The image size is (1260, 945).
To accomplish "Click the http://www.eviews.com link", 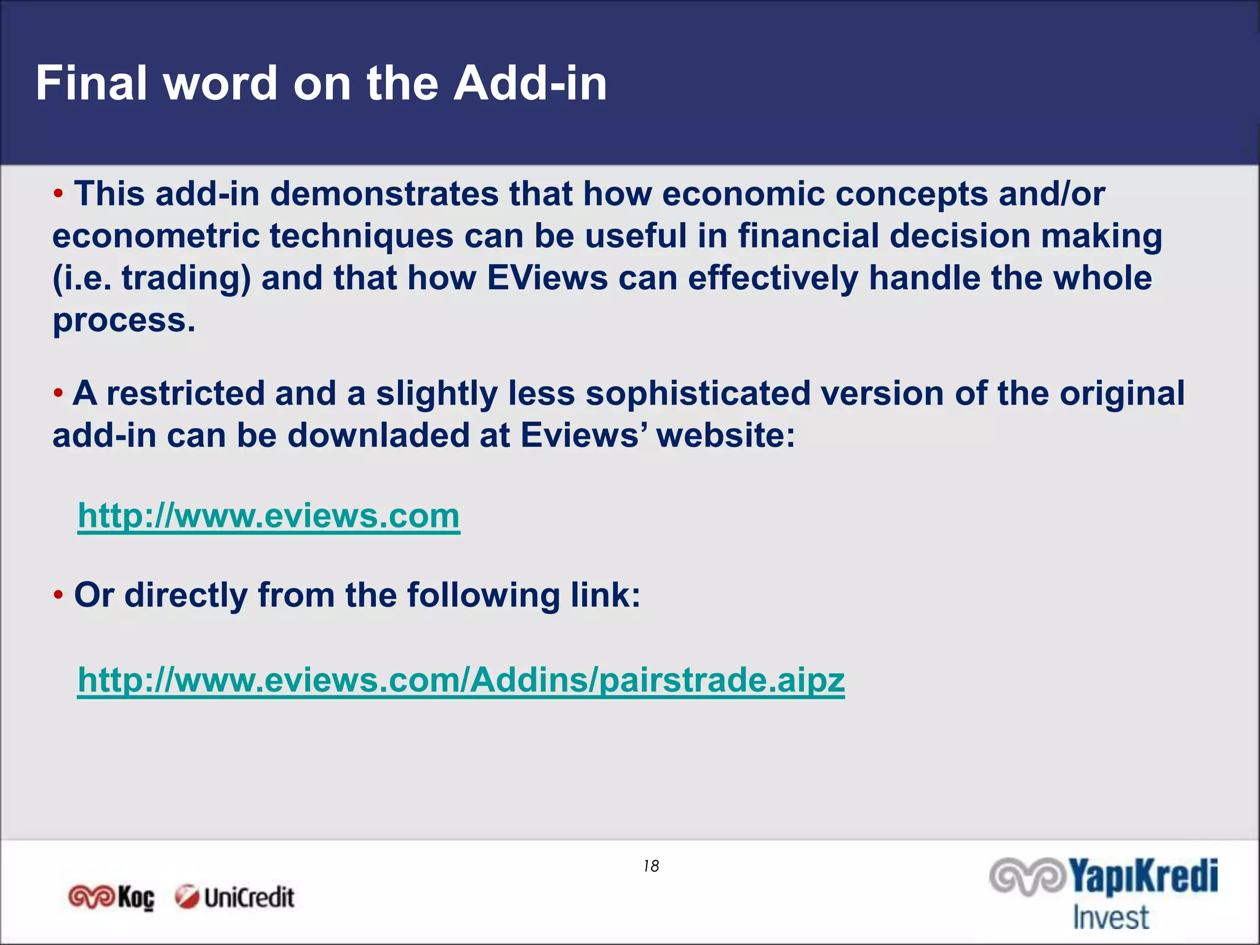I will pos(268,516).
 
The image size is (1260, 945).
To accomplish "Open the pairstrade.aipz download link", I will pos(461,680).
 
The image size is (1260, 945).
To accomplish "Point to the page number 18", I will pos(651,866).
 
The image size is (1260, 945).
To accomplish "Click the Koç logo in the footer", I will pos(111,898).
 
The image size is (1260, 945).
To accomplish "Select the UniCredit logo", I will pos(234,898).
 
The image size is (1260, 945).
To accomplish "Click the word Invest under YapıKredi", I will pos(1110,918).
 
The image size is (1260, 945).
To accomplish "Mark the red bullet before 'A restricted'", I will pos(58,393).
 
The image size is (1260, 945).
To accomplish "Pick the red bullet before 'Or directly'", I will pos(58,595).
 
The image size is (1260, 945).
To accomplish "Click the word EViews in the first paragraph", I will pos(547,277).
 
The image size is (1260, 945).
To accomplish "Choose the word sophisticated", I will pos(698,393).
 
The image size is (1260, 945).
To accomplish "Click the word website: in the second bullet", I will pos(726,435).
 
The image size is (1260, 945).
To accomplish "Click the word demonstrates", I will pos(384,194).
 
